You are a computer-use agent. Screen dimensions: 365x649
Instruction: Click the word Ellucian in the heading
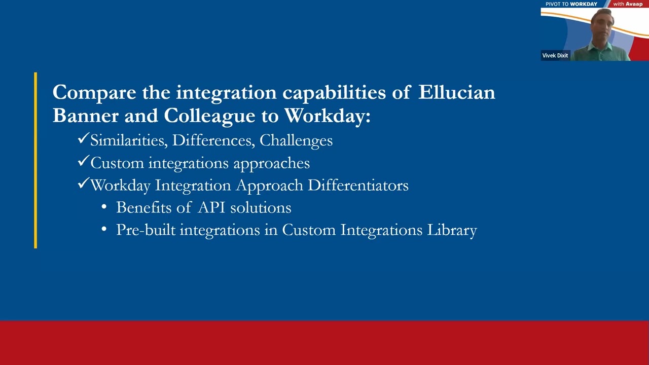pos(456,93)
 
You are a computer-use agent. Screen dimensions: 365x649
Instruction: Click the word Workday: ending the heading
pos(327,116)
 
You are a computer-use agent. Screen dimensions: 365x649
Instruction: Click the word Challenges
pos(296,141)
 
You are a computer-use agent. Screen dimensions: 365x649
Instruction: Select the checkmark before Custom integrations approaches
pos(83,161)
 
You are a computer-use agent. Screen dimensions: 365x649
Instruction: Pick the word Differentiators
pos(358,186)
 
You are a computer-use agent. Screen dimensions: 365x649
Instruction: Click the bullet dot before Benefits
pos(104,207)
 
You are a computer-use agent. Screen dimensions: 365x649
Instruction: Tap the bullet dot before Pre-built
pos(104,230)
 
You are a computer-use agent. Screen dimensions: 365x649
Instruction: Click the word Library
pos(452,230)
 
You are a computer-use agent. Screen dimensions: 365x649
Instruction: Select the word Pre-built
pos(146,230)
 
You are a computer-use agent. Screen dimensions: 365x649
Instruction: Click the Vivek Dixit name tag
pos(555,55)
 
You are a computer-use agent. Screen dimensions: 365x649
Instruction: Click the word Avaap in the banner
pos(634,4)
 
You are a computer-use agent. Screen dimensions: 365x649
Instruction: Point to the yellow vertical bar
pos(35,160)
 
